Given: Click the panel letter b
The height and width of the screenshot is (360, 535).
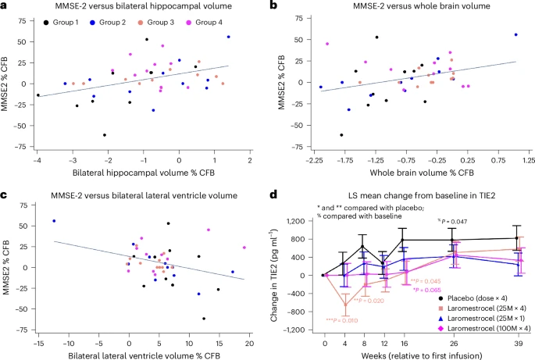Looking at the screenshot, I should coord(273,5).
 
